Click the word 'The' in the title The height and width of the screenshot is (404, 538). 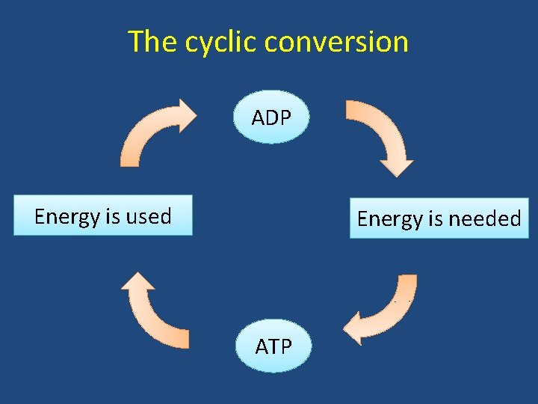point(152,41)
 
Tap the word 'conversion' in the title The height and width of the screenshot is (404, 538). point(336,41)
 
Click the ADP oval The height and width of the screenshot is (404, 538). point(270,117)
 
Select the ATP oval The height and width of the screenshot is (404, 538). point(273,346)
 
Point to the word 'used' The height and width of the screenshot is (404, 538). point(148,216)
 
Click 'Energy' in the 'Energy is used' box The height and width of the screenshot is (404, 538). point(67,217)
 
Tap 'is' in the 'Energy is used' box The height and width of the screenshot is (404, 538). point(112,216)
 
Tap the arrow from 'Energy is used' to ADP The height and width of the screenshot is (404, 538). point(149,131)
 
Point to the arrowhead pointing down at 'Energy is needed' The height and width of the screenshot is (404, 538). point(396,166)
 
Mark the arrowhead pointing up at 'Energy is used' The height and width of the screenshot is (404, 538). point(137,283)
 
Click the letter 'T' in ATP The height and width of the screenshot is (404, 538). point(273,347)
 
